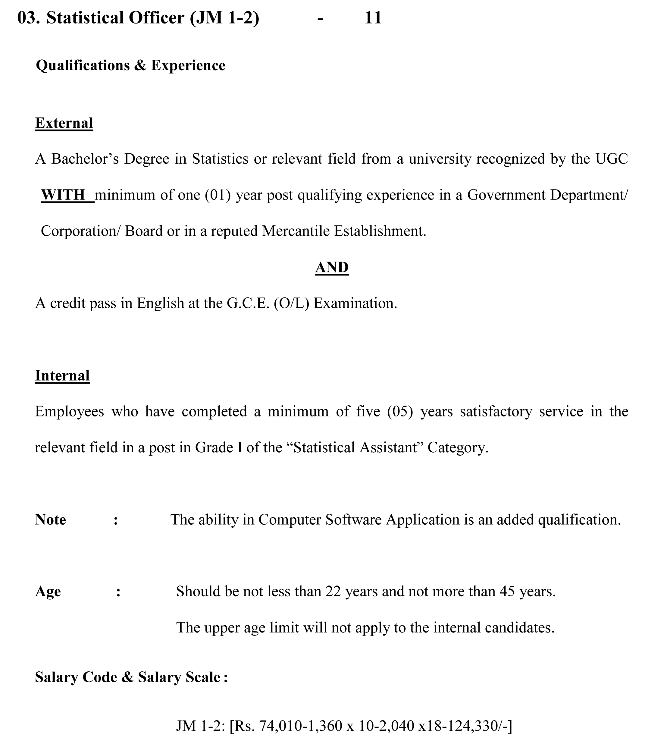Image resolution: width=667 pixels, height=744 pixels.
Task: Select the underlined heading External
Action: tap(64, 123)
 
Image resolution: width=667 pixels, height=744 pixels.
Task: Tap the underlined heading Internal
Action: tap(62, 376)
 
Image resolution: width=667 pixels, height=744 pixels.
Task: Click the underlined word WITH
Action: tap(63, 195)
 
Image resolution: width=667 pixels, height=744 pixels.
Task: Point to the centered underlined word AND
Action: tap(332, 267)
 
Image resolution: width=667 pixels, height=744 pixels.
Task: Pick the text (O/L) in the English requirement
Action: tap(291, 303)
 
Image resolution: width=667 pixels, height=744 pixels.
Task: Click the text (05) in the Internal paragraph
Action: tap(400, 412)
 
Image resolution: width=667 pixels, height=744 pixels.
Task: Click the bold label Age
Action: tap(48, 592)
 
